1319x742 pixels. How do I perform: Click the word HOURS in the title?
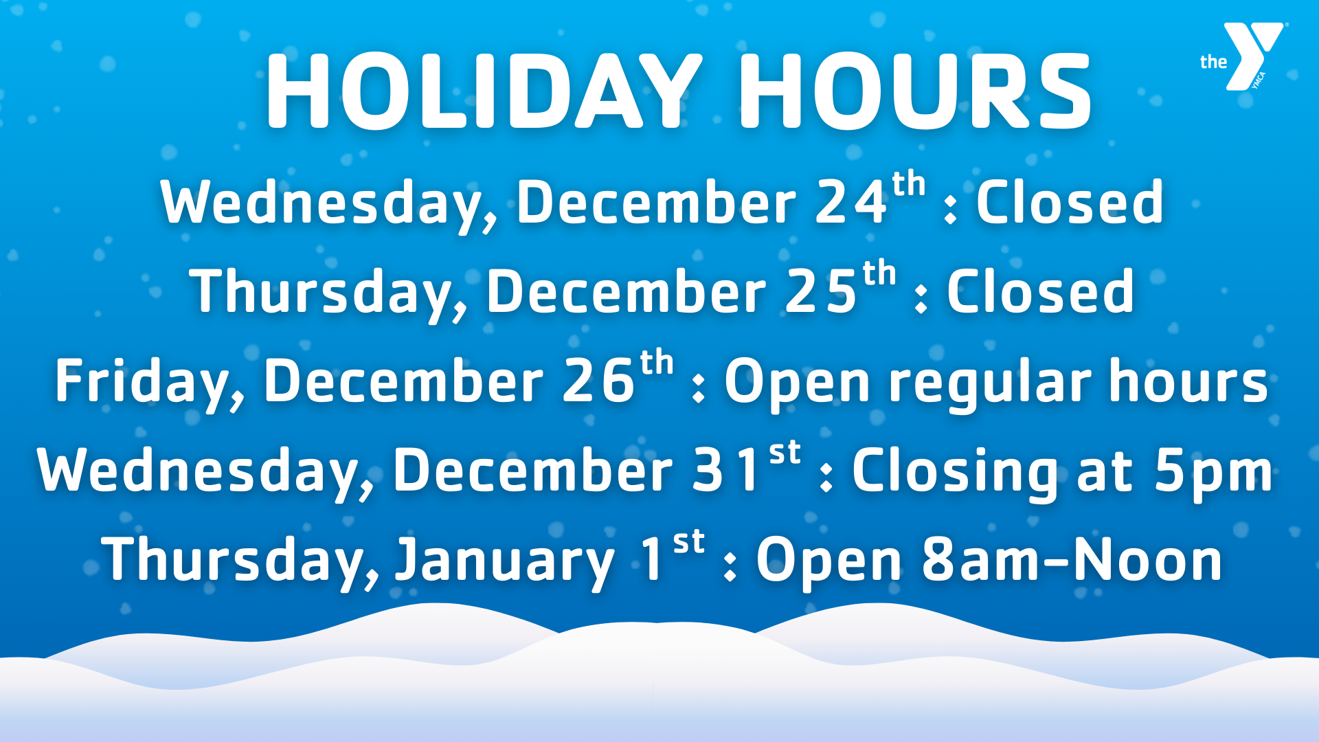[x=914, y=92]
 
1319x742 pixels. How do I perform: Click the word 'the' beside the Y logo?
[x=1213, y=63]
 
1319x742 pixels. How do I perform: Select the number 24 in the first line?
[x=851, y=203]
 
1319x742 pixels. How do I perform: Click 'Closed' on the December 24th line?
[x=1070, y=203]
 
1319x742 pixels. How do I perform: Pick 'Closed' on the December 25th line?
[x=1040, y=292]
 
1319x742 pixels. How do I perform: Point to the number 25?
[x=821, y=292]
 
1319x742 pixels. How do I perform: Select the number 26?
[x=598, y=382]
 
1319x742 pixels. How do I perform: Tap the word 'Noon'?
[x=1147, y=560]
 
